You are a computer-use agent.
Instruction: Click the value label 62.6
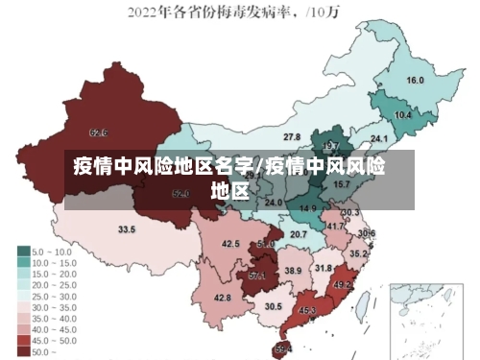[98, 132]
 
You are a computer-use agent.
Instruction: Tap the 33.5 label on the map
[127, 229]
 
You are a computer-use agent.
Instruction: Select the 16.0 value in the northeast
[415, 80]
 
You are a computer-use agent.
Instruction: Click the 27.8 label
[292, 137]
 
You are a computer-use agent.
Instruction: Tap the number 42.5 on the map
[230, 244]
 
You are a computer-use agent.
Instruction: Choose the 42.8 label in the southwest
[222, 298]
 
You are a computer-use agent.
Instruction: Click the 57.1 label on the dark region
[257, 276]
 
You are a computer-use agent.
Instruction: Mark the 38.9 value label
[293, 272]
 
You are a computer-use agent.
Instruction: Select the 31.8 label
[324, 268]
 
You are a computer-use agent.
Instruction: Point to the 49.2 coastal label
[343, 285]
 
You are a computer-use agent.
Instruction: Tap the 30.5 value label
[274, 306]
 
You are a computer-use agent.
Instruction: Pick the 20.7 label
[299, 234]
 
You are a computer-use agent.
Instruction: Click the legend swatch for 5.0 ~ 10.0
[23, 252]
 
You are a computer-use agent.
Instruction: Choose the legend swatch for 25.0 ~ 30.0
[23, 296]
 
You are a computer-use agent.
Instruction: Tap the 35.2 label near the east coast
[358, 254]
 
